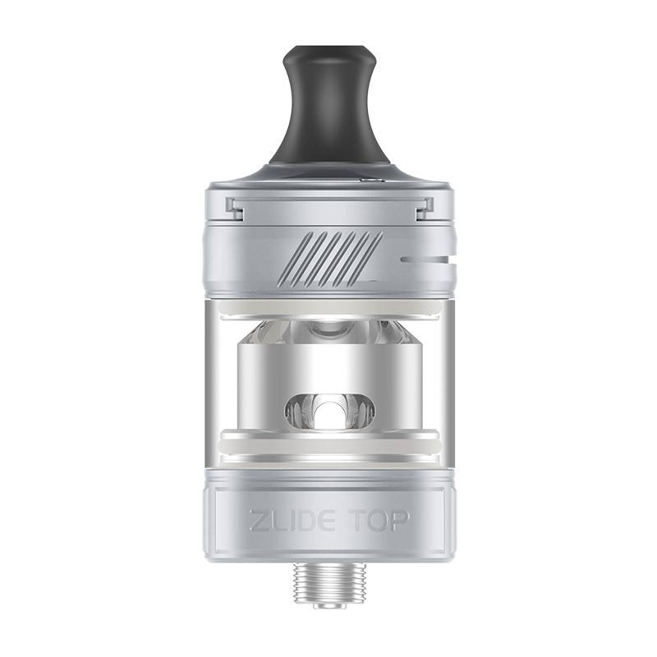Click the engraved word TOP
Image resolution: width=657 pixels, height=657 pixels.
tap(378, 522)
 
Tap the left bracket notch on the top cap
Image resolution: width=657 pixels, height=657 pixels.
tap(235, 209)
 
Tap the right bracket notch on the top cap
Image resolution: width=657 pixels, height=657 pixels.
tap(424, 209)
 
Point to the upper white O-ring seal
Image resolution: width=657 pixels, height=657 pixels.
tap(329, 309)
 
